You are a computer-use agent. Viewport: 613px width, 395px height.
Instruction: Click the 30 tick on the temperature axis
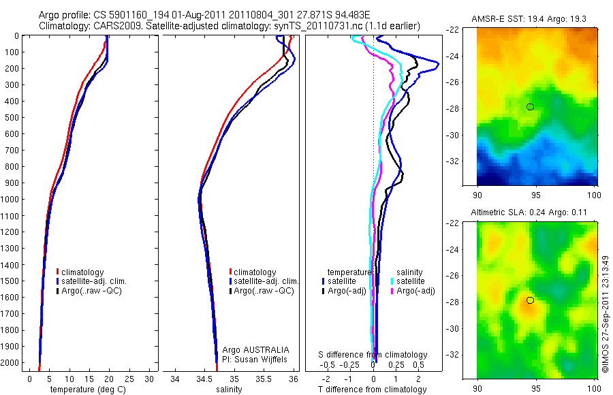click(x=150, y=379)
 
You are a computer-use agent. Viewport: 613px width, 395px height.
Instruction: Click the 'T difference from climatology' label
click(x=373, y=390)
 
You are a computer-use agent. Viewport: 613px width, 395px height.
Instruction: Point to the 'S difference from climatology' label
click(x=373, y=355)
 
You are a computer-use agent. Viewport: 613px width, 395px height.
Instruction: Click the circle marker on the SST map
click(x=530, y=107)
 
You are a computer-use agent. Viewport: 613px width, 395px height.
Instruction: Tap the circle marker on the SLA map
click(x=530, y=300)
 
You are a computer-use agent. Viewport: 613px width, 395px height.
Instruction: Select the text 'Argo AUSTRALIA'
click(x=251, y=349)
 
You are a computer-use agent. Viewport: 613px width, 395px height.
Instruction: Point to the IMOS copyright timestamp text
click(x=605, y=314)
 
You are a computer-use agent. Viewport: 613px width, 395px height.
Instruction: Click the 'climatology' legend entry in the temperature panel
click(x=82, y=272)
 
